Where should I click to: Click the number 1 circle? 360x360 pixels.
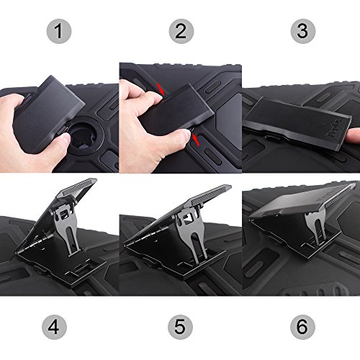(59, 31)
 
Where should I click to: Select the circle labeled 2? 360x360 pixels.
(181, 31)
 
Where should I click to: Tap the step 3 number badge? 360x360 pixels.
(303, 31)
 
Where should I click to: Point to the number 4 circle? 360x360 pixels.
(54, 327)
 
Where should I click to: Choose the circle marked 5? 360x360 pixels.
(180, 327)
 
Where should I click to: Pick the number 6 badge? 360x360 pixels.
(302, 327)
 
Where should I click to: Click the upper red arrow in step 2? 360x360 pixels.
(161, 89)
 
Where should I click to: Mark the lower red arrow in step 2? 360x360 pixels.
(196, 140)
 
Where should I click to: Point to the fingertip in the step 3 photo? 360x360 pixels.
(354, 135)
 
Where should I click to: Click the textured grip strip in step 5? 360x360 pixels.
(210, 195)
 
